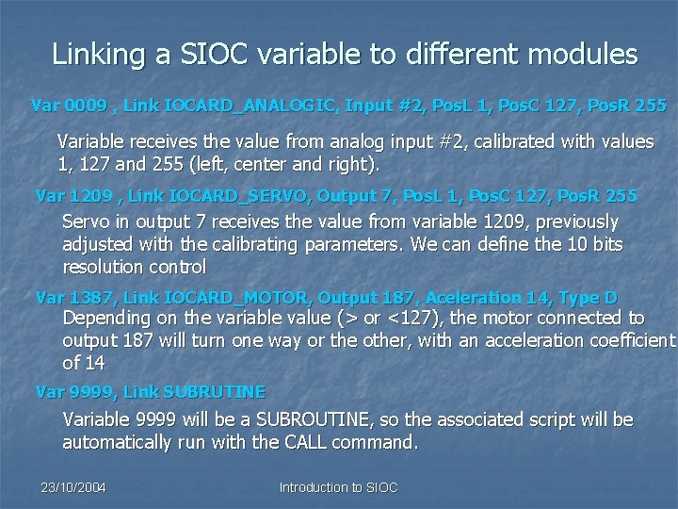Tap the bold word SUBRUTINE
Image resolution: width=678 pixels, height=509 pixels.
213,390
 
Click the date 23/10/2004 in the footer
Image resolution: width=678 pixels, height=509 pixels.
73,487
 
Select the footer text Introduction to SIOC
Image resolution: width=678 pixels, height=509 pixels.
339,487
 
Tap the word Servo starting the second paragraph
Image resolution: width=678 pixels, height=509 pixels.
86,222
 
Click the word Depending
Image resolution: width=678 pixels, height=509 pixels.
105,319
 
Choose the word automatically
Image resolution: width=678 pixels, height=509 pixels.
118,442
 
